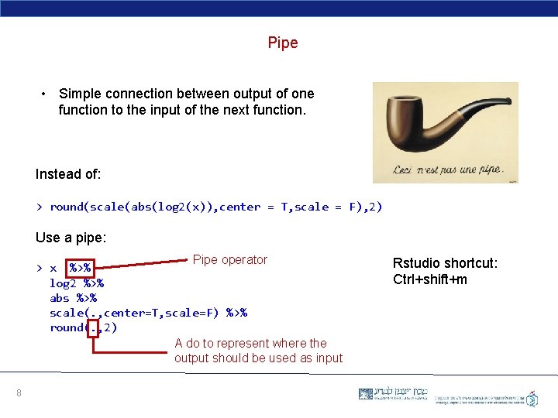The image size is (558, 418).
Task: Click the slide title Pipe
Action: click(283, 43)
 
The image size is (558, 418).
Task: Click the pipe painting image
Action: click(445, 132)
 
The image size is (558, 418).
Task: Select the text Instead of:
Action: click(68, 174)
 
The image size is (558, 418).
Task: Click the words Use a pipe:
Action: click(71, 237)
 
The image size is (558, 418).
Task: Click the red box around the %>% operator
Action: click(80, 268)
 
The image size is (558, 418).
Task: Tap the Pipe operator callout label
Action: click(229, 260)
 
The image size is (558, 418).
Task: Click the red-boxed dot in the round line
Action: click(94, 328)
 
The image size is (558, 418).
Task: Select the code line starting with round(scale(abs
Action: click(209, 207)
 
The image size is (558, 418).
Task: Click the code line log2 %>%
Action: click(77, 283)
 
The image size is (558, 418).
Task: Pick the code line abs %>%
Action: click(73, 298)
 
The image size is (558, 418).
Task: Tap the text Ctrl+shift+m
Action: click(430, 279)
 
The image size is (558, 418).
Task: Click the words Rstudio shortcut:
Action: click(445, 263)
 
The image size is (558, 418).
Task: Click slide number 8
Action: click(19, 394)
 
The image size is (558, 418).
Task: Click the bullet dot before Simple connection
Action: click(45, 94)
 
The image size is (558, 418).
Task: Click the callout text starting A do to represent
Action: click(258, 351)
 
